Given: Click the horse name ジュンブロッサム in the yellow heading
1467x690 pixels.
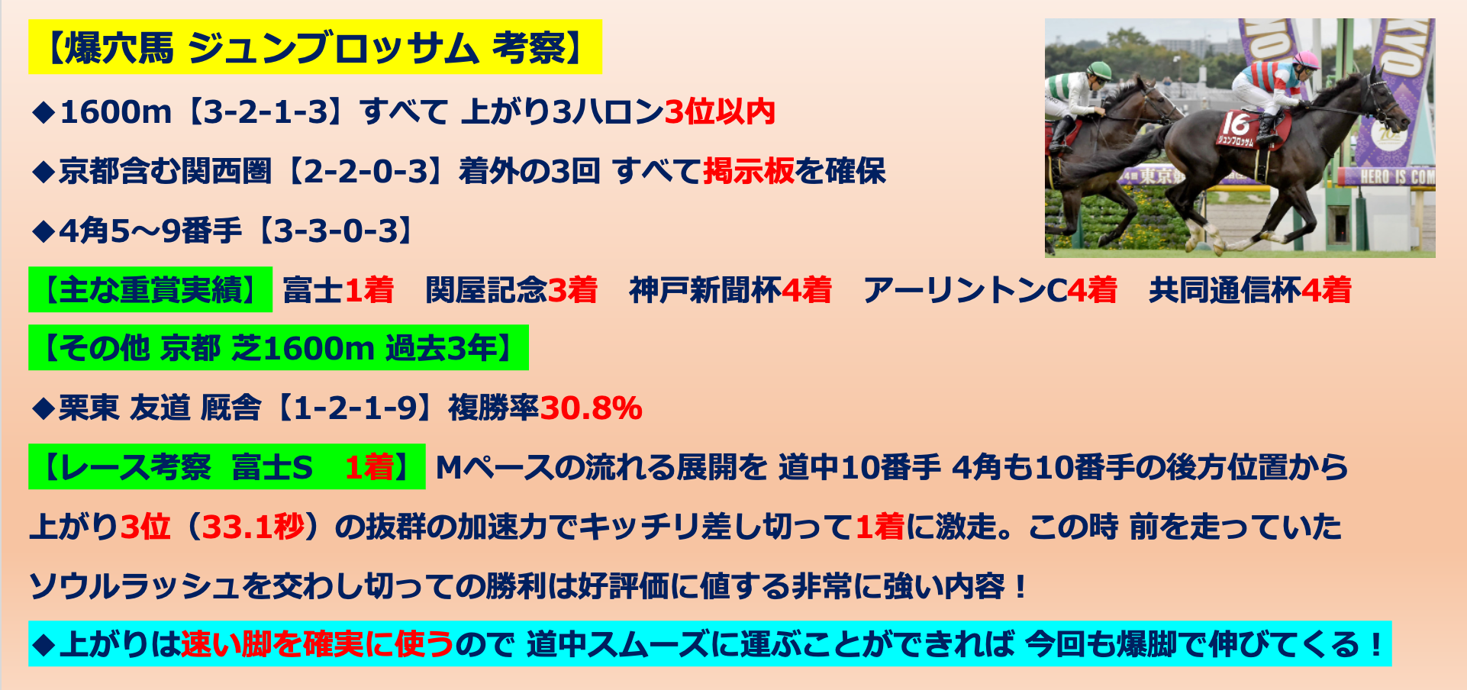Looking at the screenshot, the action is click(x=333, y=47).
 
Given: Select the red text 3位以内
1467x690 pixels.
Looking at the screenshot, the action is click(x=720, y=112).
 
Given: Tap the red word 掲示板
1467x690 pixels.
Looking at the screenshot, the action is click(x=749, y=171).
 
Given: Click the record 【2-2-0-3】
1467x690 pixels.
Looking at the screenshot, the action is click(x=364, y=171).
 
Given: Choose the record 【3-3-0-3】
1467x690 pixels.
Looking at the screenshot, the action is click(x=335, y=231).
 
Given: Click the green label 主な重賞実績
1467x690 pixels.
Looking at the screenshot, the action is click(x=150, y=289).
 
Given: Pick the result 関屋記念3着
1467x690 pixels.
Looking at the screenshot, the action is click(x=511, y=290).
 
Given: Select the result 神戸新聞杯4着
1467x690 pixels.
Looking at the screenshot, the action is click(x=730, y=290).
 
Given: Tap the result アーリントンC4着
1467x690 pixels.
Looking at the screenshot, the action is click(x=990, y=290).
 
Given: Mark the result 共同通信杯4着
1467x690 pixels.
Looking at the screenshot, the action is click(x=1250, y=290).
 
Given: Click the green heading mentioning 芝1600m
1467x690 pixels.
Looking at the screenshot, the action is click(x=279, y=348).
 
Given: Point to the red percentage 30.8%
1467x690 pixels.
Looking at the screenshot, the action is click(x=591, y=408).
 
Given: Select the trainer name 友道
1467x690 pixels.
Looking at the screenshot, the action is click(x=160, y=408).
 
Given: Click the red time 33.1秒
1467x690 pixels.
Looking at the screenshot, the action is click(x=253, y=527).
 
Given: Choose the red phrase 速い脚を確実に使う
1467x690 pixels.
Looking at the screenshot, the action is click(x=318, y=644).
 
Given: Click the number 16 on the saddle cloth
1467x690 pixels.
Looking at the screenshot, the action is click(x=1235, y=124).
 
